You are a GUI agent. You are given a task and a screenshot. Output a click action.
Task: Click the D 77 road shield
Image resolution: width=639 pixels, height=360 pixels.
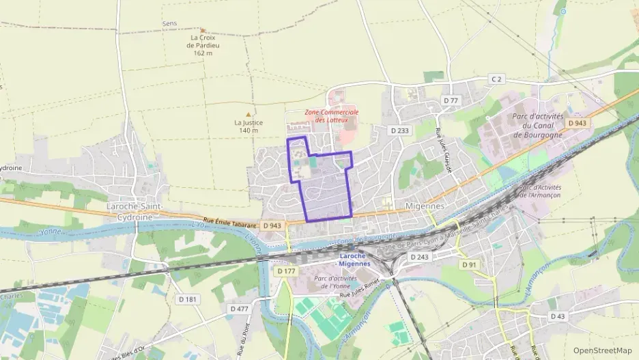point(451,100)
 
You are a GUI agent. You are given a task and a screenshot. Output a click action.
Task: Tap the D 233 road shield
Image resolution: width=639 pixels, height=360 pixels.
point(400,130)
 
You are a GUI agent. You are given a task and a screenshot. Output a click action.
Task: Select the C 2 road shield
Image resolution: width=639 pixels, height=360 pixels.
point(496,80)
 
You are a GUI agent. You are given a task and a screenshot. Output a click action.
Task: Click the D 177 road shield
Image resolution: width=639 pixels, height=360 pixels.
point(286,271)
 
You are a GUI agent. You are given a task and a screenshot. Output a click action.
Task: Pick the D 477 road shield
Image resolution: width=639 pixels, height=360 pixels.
point(239,309)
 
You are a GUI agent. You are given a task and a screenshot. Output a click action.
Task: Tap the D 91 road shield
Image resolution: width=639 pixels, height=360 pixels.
point(468,264)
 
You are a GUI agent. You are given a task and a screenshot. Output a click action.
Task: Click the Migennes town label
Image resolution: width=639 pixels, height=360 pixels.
point(425,206)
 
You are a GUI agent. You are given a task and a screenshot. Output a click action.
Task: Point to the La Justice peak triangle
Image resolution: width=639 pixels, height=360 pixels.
point(248,114)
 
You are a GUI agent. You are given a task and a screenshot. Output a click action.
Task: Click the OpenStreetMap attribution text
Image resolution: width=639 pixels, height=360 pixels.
point(603,350)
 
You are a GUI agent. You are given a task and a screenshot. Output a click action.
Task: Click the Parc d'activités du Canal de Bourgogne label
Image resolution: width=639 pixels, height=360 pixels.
point(538,126)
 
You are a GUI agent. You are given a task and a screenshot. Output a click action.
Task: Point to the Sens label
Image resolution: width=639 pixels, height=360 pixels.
point(169,23)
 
